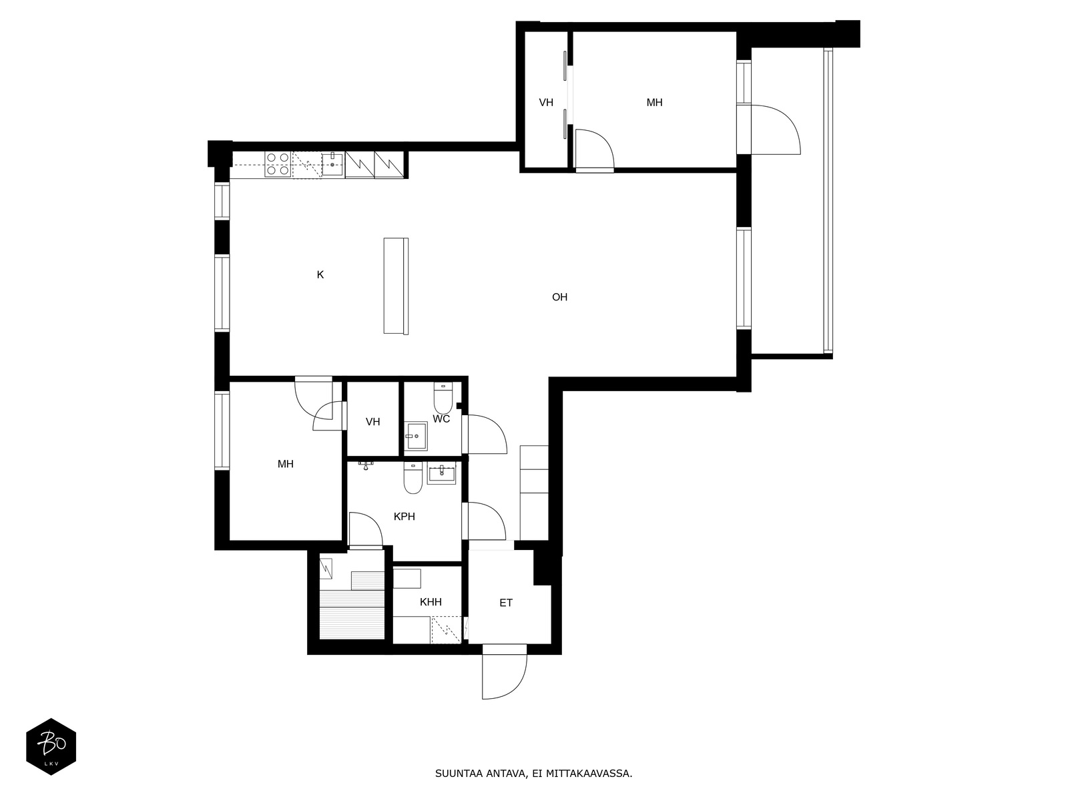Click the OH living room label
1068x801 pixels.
559,297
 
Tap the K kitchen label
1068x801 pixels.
320,274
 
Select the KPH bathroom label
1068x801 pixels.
404,516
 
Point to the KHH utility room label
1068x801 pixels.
431,602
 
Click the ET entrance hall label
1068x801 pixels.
506,603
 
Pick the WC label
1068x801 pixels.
441,419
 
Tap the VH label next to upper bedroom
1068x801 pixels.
546,103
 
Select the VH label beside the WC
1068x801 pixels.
372,422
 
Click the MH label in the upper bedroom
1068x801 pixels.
654,103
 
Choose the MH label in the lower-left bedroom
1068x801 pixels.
285,464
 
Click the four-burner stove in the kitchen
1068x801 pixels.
278,164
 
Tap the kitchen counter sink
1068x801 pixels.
332,164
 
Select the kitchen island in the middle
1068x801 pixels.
396,286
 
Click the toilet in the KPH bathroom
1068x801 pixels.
413,479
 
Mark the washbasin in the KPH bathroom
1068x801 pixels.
441,475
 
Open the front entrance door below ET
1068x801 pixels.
505,671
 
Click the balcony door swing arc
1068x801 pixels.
778,130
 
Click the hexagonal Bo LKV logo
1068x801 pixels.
51,746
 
